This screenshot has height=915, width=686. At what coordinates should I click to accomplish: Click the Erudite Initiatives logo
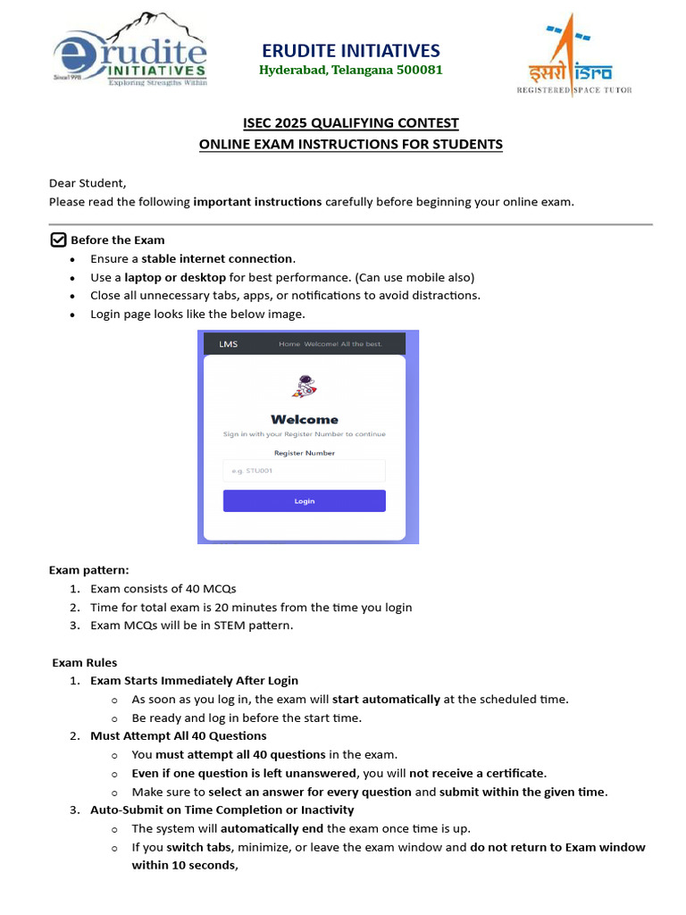point(130,52)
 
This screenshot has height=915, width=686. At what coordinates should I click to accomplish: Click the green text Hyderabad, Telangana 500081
point(350,70)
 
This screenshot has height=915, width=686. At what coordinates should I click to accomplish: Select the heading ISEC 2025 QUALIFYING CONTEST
point(351,123)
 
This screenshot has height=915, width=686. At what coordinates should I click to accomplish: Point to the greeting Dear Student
point(88,182)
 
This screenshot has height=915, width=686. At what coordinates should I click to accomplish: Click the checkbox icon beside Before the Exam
point(58,239)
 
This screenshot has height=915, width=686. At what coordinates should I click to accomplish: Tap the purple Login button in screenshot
point(304,501)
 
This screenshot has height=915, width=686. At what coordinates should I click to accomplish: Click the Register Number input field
point(304,471)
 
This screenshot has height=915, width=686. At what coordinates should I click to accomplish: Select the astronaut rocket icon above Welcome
point(304,387)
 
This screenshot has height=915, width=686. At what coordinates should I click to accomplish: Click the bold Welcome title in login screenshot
point(304,419)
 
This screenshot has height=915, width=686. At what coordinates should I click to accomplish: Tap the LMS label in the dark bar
point(229,344)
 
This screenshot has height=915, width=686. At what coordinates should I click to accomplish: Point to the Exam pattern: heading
point(88,569)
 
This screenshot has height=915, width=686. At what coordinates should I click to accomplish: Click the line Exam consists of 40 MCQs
point(163,589)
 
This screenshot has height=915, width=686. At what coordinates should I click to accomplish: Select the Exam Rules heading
point(85,662)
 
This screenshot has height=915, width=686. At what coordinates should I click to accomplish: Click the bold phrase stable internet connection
point(217,258)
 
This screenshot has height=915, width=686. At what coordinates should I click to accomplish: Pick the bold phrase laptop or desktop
point(175,277)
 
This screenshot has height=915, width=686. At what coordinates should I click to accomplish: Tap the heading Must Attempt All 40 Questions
point(179,735)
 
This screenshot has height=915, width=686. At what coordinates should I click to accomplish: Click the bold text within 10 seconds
point(185,865)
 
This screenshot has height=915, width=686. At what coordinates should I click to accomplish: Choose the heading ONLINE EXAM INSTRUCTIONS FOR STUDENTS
point(351,144)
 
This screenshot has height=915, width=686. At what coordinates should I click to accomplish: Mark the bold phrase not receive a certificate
point(477,773)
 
